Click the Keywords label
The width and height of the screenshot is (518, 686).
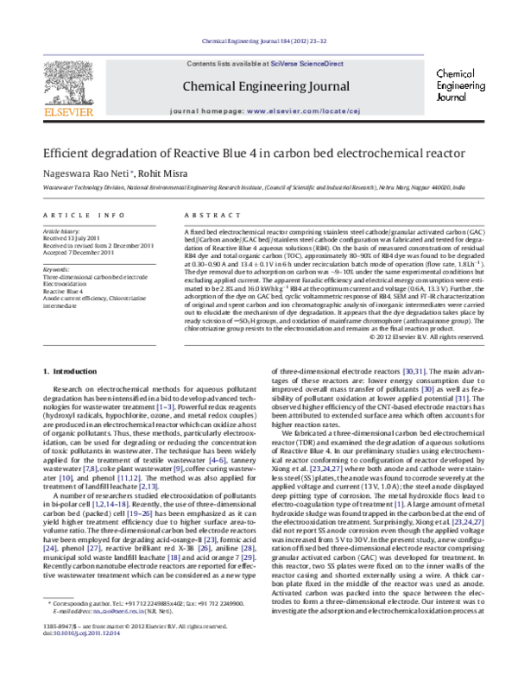pyautogui.click(x=57, y=270)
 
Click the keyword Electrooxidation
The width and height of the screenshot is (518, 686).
pyautogui.click(x=69, y=284)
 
